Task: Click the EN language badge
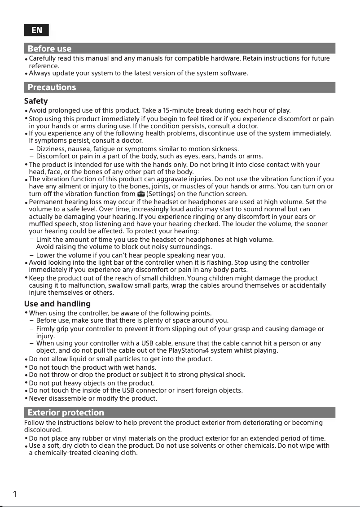(36, 30)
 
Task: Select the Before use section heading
(49, 48)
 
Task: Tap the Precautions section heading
(52, 87)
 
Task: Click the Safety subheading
(36, 101)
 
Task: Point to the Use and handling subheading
(57, 304)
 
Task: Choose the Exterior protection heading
(66, 412)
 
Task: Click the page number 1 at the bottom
(15, 494)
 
